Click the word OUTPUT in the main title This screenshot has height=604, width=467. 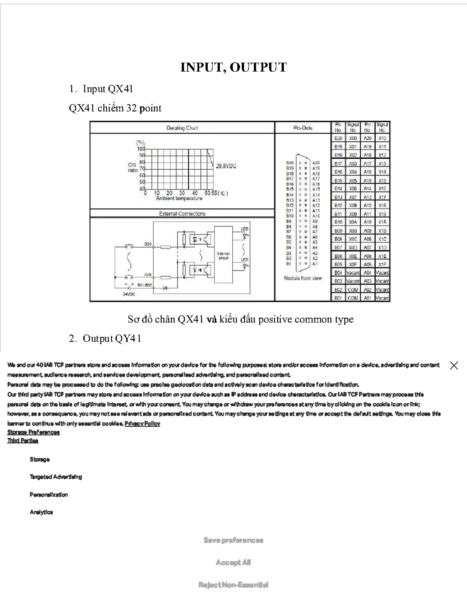(258, 67)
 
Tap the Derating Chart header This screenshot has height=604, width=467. (182, 128)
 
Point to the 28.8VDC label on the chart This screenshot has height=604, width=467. (226, 166)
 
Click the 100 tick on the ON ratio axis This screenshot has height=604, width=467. (140, 149)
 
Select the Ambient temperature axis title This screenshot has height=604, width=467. (179, 198)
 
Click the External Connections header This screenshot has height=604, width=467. (182, 214)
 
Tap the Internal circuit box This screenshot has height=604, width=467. (223, 255)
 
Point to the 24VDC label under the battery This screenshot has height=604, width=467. (129, 294)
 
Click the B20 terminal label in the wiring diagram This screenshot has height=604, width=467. (148, 244)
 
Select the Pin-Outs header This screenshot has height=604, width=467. (303, 128)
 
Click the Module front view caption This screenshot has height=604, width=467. (303, 278)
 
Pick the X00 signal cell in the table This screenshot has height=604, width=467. (353, 138)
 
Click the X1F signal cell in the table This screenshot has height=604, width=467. (382, 264)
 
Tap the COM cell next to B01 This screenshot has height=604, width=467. (353, 298)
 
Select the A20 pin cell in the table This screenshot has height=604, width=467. (367, 138)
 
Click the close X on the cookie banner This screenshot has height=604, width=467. (454, 366)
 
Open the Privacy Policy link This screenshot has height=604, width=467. (142, 424)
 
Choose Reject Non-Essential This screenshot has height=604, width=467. (233, 585)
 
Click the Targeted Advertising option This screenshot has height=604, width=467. (56, 477)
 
